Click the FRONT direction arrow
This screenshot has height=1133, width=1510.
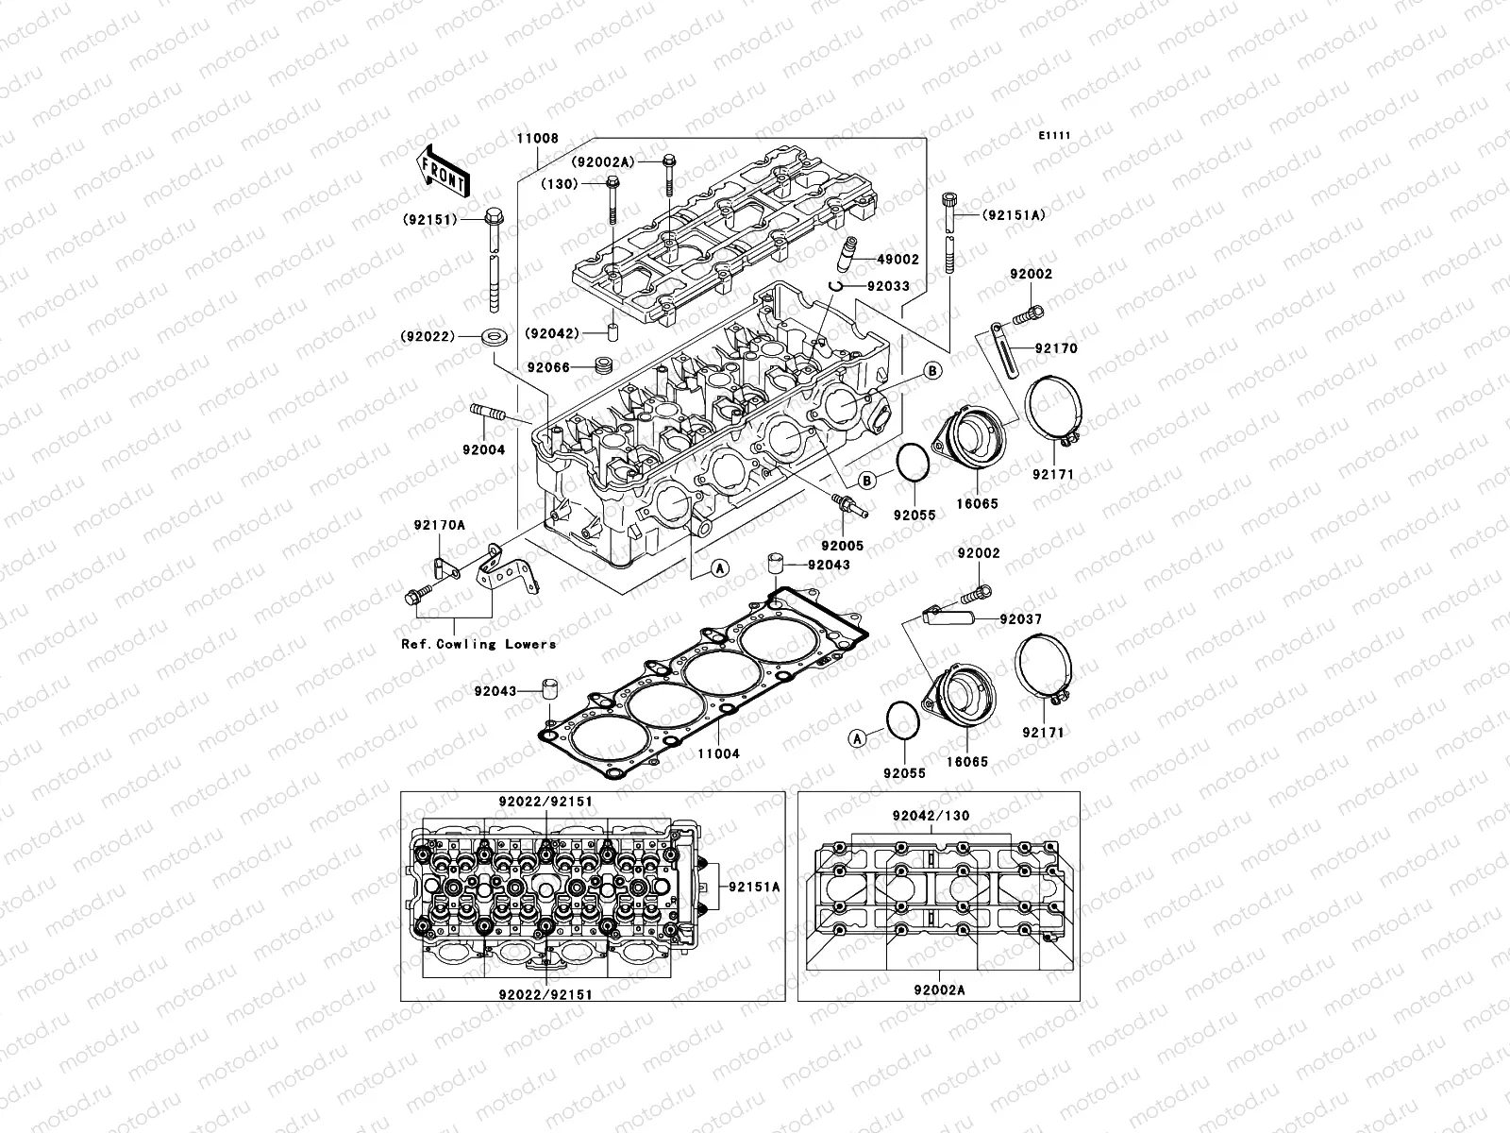tap(457, 169)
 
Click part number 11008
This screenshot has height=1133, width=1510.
tap(537, 138)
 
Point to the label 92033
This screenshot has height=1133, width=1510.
tap(888, 285)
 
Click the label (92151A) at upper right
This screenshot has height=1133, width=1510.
tap(1014, 215)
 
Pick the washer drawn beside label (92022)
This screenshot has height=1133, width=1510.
tap(491, 336)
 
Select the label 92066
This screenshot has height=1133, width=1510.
tap(548, 366)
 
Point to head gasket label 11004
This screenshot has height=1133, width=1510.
tap(718, 754)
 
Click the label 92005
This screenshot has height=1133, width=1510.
tap(842, 546)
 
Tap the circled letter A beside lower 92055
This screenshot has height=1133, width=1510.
tap(857, 739)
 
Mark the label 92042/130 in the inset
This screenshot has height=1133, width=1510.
tap(931, 816)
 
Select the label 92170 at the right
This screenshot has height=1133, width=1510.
tap(1055, 348)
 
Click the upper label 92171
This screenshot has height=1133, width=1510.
tap(1052, 474)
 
